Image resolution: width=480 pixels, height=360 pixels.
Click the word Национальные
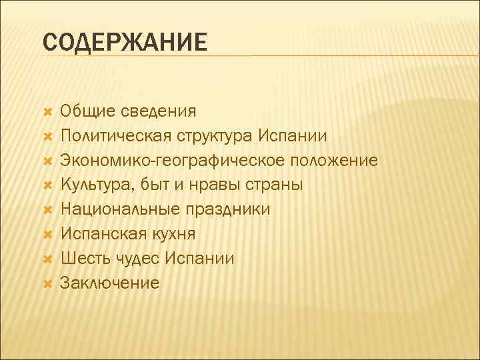[x=116, y=209]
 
